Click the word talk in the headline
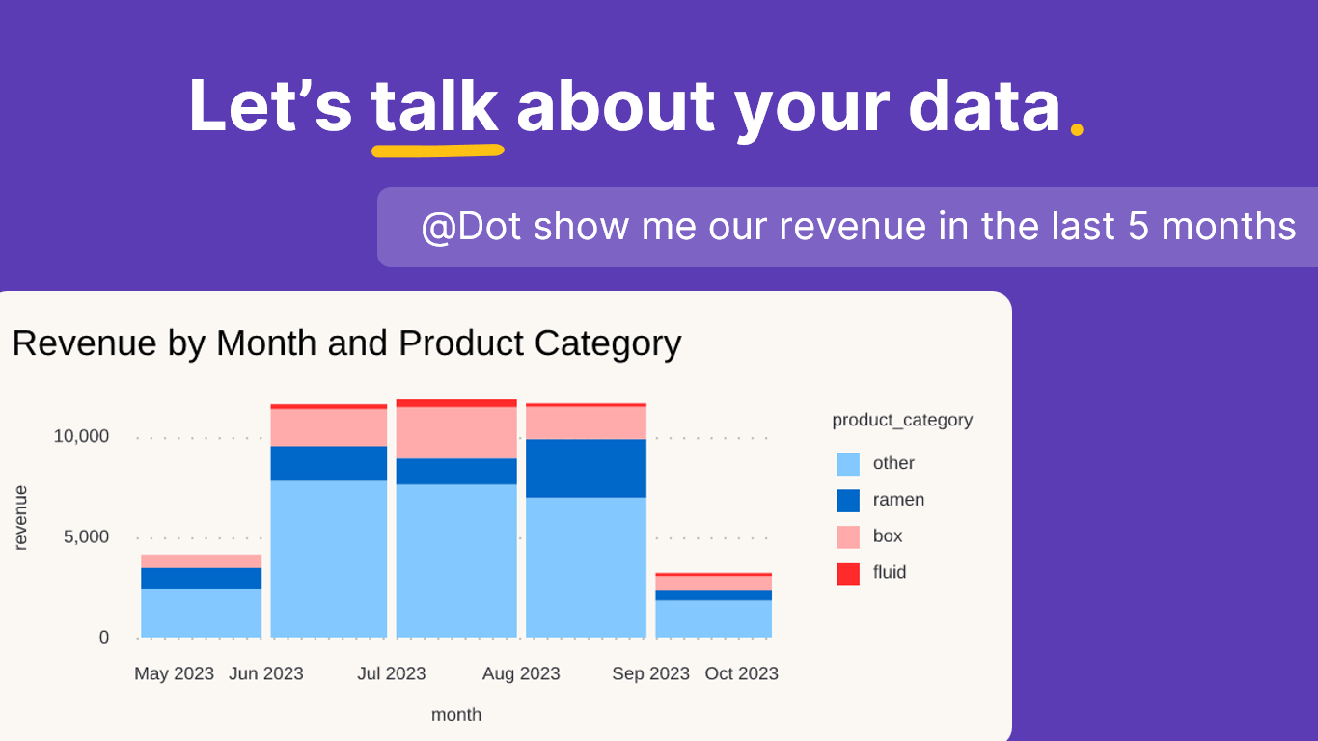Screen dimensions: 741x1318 pyautogui.click(x=435, y=106)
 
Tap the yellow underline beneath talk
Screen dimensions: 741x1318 pyautogui.click(x=437, y=151)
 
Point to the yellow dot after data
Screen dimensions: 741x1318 pyautogui.click(x=1077, y=128)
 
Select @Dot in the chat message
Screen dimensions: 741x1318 pyautogui.click(x=471, y=227)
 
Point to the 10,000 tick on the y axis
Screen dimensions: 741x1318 pyautogui.click(x=81, y=436)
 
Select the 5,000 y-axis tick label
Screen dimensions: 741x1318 pyautogui.click(x=87, y=537)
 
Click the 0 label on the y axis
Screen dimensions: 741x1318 pyautogui.click(x=104, y=638)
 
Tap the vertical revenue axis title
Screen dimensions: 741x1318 pyautogui.click(x=21, y=518)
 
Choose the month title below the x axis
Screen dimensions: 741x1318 pyautogui.click(x=456, y=715)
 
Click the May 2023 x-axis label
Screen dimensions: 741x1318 pyautogui.click(x=174, y=673)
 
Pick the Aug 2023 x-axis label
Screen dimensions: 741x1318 pyautogui.click(x=521, y=673)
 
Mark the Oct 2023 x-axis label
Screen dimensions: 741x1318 pyautogui.click(x=741, y=673)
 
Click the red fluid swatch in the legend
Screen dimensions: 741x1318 pyautogui.click(x=848, y=573)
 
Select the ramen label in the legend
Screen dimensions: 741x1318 pyautogui.click(x=898, y=500)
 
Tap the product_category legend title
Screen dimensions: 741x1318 pyautogui.click(x=902, y=420)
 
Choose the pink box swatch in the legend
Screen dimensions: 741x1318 pyautogui.click(x=848, y=536)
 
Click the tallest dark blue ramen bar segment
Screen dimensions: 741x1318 pyautogui.click(x=586, y=468)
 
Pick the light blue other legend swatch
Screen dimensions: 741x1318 pyautogui.click(x=848, y=464)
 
